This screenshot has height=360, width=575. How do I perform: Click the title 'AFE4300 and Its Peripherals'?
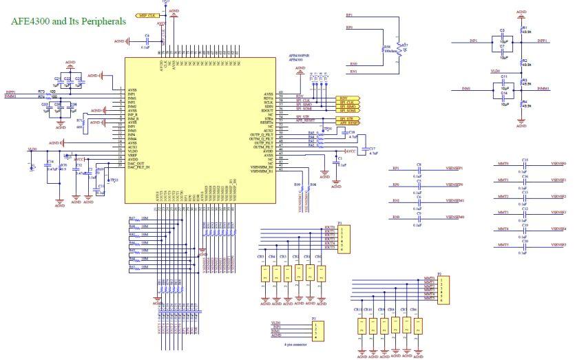coord(67,21)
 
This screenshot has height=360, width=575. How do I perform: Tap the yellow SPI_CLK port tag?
coord(346,102)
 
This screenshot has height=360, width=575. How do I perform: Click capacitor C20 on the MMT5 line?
coord(525,245)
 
